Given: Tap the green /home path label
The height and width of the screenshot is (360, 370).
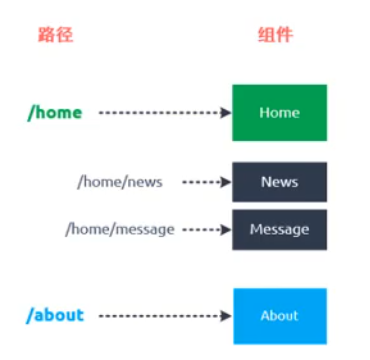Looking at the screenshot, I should (54, 112).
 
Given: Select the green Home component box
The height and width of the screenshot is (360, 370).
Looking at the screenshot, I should (279, 112).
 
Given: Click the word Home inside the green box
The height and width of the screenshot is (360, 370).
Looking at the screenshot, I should (279, 112).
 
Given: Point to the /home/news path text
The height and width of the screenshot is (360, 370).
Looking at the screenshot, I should (119, 182).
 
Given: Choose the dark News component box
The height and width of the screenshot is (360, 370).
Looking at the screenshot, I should (279, 182).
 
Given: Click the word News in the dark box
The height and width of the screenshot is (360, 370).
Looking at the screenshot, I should (279, 182).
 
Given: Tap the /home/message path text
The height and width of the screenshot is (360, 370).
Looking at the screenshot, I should (119, 229).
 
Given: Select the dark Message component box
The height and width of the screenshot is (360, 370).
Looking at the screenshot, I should (279, 229).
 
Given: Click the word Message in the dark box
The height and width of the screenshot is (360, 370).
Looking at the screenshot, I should (279, 229).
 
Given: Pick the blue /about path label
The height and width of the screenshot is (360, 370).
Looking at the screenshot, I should (55, 316).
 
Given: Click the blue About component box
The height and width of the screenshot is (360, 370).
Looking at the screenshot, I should (279, 316).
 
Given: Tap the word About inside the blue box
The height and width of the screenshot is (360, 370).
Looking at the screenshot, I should (279, 316).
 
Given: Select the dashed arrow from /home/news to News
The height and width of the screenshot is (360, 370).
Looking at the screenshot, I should (205, 183).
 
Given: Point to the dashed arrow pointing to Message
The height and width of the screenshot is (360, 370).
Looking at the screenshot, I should (205, 229).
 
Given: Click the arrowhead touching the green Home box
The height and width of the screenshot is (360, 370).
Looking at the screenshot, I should (226, 113).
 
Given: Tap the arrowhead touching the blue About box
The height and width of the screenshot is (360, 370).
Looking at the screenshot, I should (226, 316).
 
